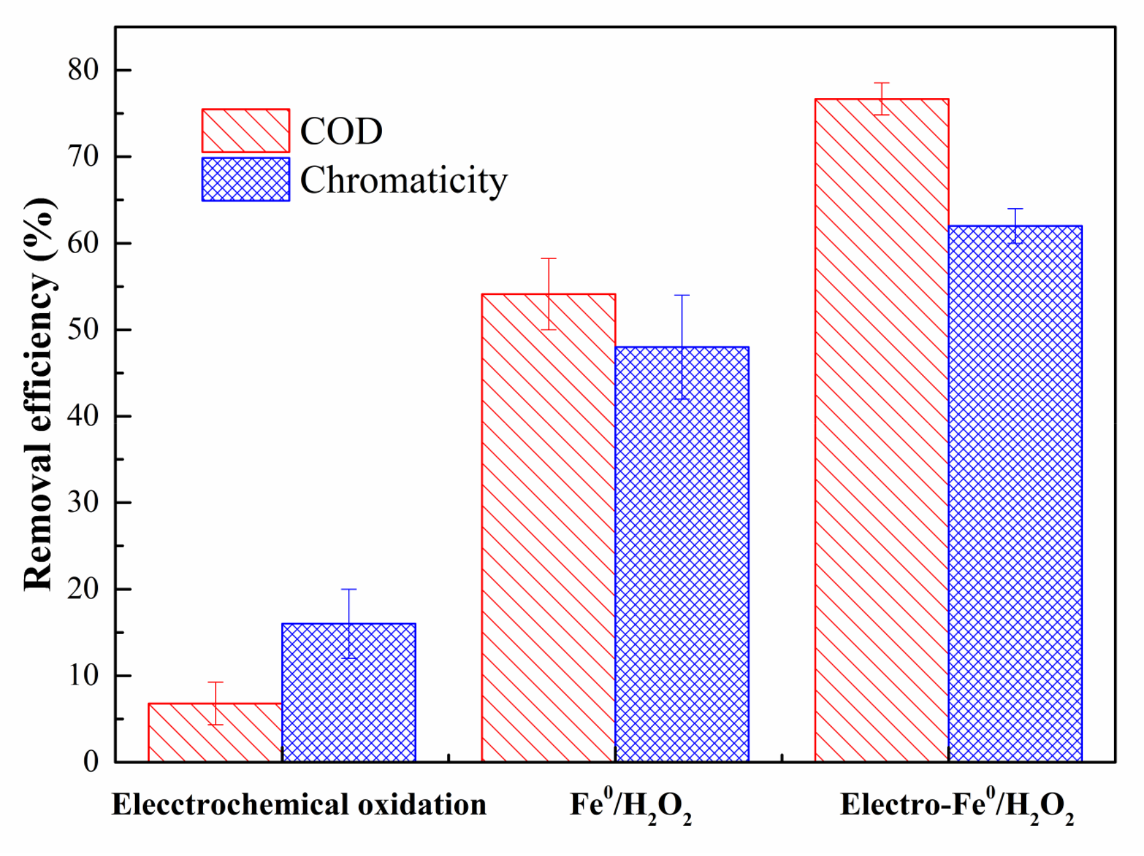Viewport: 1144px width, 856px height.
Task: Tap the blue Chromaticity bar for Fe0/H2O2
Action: [x=682, y=555]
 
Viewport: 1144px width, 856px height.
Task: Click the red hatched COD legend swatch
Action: [x=246, y=130]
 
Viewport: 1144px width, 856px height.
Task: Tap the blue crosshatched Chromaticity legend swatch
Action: [x=246, y=179]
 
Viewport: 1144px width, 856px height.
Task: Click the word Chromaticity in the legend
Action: [x=403, y=180]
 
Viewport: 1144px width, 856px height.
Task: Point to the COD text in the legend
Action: [x=341, y=131]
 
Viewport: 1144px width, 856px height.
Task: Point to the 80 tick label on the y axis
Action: [x=83, y=70]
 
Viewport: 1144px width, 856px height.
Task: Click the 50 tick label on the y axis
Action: [x=83, y=329]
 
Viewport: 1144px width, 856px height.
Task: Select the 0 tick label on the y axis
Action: [x=91, y=761]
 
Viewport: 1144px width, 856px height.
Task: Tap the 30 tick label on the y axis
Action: [x=83, y=502]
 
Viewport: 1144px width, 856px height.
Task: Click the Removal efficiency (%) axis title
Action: [x=39, y=394]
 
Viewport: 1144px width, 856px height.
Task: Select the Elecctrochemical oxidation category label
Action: [x=299, y=804]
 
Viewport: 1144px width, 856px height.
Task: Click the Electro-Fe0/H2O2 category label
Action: [x=957, y=806]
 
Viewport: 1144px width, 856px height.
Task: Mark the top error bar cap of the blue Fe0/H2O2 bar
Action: [x=682, y=296]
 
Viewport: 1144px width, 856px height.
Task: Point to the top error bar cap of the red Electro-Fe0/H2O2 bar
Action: [x=882, y=83]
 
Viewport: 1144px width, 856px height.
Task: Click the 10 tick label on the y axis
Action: [x=83, y=675]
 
